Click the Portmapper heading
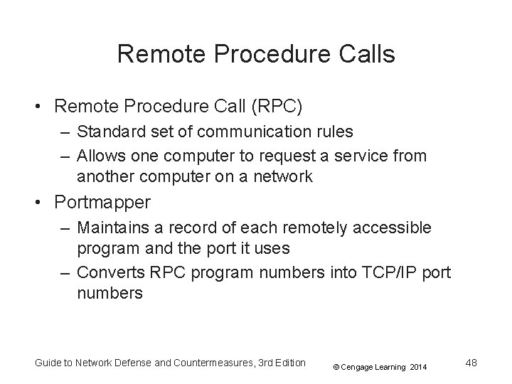point(102,203)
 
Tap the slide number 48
point(470,363)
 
